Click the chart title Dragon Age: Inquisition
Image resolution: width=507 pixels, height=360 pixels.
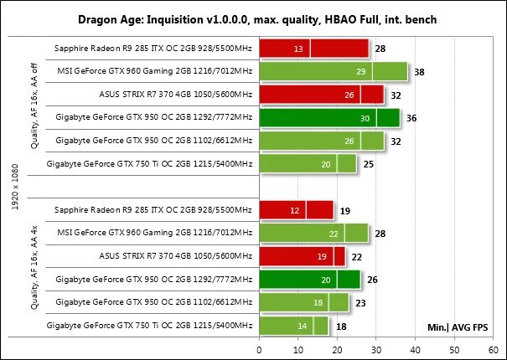pos(253,17)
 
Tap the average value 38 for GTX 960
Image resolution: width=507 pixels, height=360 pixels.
pos(419,73)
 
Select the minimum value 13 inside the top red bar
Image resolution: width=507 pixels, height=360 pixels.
pos(299,50)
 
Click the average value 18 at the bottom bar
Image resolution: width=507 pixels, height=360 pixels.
pos(342,325)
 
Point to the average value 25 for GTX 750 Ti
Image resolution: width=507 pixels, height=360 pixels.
pos(369,164)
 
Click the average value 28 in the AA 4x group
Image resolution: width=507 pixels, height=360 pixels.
pos(380,233)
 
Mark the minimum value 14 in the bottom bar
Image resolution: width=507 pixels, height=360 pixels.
pos(303,325)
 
